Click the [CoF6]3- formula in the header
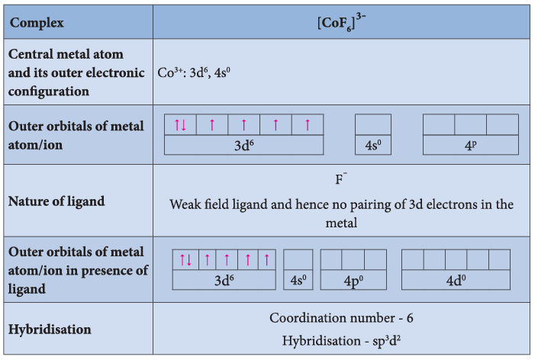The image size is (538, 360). (341, 22)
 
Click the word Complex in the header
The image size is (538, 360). (37, 23)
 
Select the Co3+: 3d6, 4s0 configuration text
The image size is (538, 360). (194, 72)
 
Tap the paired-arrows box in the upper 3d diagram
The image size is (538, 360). (180, 125)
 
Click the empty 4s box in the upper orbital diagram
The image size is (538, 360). (373, 125)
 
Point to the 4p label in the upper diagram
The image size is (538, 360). (470, 146)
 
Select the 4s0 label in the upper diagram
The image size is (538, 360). (373, 146)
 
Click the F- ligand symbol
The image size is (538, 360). (341, 178)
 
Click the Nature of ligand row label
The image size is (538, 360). (56, 201)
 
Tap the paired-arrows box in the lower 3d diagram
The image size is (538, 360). (185, 260)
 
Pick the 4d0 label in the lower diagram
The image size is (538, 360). (456, 281)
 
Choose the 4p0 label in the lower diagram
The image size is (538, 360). (353, 281)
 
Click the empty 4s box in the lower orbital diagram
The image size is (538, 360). (298, 260)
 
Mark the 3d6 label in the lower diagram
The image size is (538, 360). (224, 281)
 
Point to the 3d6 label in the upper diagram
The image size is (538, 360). (244, 146)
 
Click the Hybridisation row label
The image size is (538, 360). (50, 329)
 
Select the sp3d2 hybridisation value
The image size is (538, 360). (387, 341)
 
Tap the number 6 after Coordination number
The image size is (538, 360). (410, 318)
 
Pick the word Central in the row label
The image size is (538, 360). (31, 54)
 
